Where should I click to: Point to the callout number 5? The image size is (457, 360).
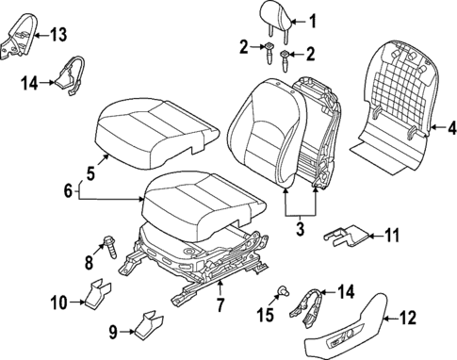pos(90,173)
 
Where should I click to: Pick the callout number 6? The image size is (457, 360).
pos(67,189)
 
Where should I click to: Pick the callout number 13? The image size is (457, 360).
pos(58,35)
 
